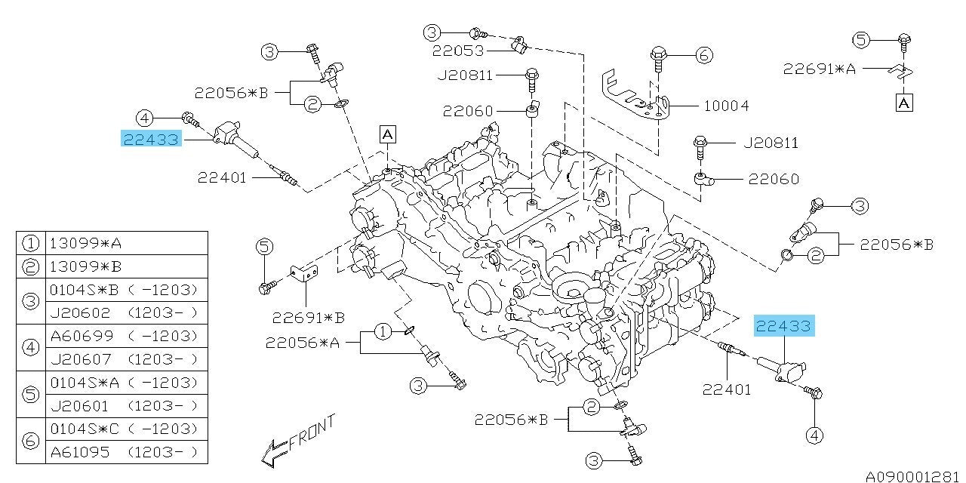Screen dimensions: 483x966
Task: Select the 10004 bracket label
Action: click(x=726, y=106)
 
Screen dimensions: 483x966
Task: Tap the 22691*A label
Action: click(x=819, y=69)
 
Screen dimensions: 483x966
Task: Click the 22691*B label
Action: click(x=303, y=316)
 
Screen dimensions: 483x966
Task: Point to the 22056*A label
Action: click(x=302, y=343)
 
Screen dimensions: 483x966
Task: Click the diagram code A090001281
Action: click(x=914, y=476)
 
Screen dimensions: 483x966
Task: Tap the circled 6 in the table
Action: click(x=30, y=440)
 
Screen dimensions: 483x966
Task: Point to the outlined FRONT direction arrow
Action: click(x=273, y=451)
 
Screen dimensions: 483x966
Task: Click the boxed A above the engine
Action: click(x=387, y=134)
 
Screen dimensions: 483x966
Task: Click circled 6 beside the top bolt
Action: click(x=703, y=54)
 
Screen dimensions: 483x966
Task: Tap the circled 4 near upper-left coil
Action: click(x=145, y=117)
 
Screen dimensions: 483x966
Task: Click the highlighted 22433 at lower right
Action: click(x=785, y=326)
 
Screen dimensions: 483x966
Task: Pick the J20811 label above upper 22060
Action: click(x=464, y=75)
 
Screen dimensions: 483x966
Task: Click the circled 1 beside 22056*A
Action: click(x=383, y=331)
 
